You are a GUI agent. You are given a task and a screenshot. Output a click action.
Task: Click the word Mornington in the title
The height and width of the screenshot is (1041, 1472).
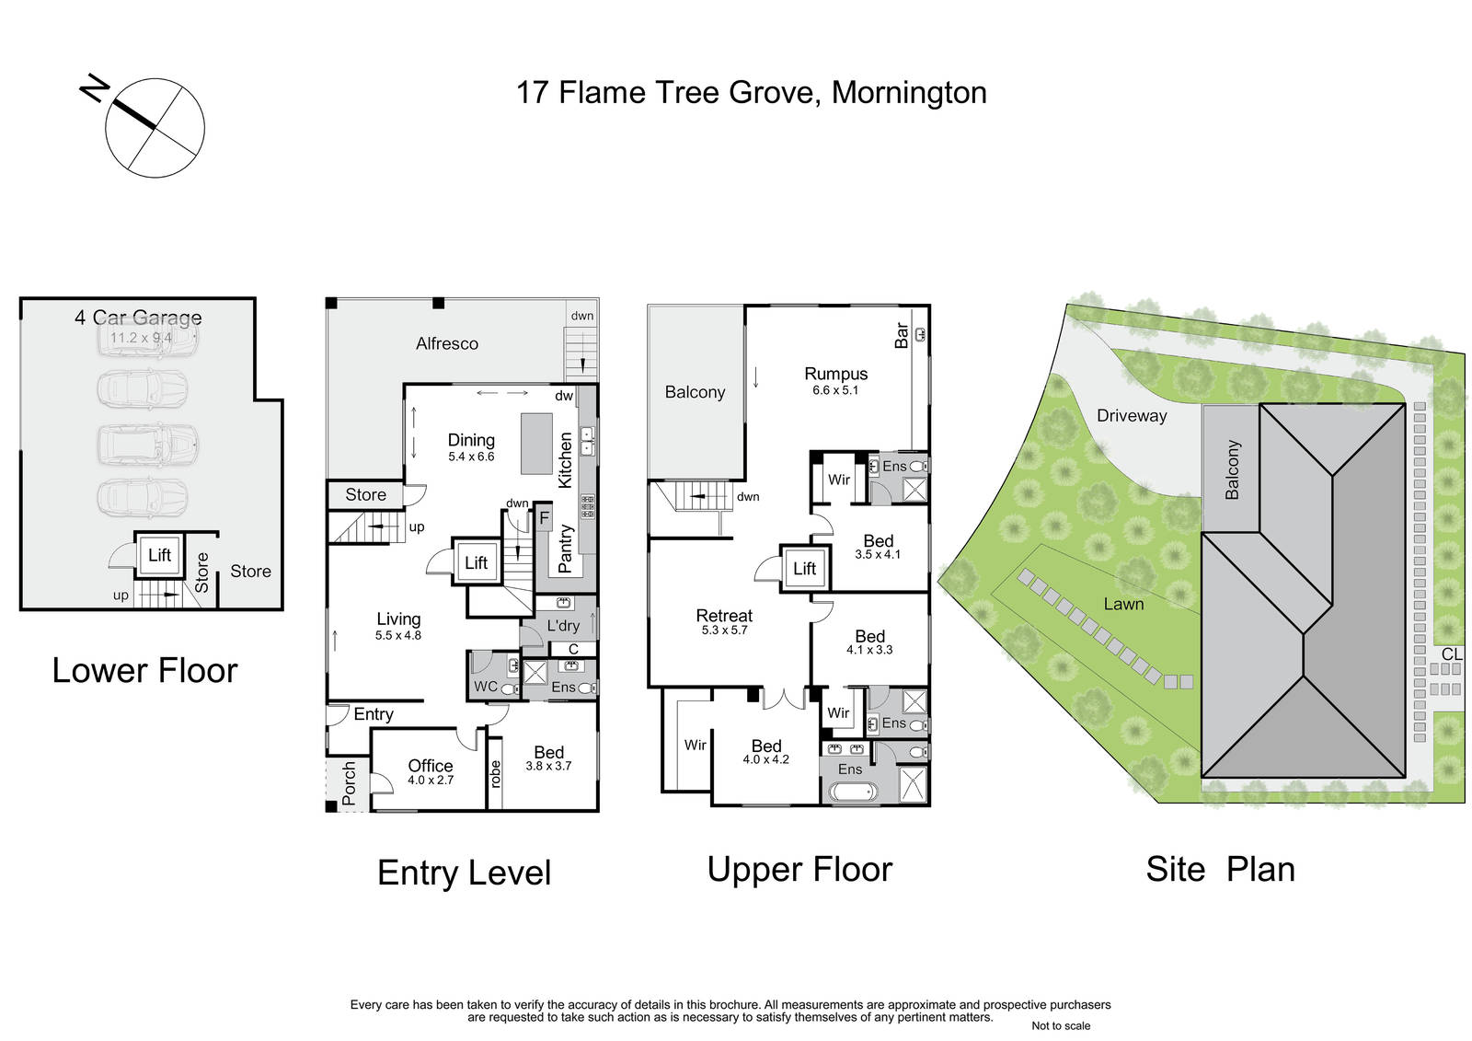(x=909, y=93)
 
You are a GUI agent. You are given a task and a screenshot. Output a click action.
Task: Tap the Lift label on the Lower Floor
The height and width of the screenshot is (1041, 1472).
(x=160, y=555)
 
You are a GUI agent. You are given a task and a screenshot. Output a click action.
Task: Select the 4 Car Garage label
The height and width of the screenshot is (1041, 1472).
(x=138, y=318)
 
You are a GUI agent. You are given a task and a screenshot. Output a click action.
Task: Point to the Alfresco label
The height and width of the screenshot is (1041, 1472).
(x=447, y=343)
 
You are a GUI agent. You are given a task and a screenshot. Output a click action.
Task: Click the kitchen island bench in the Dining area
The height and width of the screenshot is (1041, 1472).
(x=537, y=444)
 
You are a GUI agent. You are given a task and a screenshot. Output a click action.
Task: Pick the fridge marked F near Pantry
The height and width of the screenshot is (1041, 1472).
(x=544, y=518)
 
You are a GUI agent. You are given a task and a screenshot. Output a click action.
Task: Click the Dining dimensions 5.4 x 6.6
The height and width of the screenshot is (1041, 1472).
(x=471, y=457)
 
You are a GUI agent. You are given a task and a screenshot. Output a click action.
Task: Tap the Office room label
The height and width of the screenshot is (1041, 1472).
(x=431, y=766)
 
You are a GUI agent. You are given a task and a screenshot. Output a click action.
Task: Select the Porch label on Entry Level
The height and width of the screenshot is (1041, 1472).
(x=349, y=783)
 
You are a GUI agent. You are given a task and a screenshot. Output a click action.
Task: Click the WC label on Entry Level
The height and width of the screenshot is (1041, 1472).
(x=486, y=687)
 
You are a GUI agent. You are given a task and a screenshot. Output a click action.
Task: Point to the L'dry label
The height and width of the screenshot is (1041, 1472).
(x=563, y=625)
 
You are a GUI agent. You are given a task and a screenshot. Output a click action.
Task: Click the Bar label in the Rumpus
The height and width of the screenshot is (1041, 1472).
(x=902, y=335)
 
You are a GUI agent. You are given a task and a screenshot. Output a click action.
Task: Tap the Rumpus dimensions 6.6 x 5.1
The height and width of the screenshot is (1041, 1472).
(x=835, y=390)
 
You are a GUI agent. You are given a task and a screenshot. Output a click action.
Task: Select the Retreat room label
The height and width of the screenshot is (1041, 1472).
(x=724, y=616)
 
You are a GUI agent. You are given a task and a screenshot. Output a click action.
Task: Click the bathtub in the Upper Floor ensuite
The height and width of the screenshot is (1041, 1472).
(x=853, y=792)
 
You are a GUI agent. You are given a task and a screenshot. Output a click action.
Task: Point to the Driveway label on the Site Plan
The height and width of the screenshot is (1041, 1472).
(x=1132, y=416)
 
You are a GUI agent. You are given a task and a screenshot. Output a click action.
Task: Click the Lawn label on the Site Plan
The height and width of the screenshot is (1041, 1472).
(x=1123, y=604)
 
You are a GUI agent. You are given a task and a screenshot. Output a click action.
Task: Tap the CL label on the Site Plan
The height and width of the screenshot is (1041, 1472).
(x=1452, y=654)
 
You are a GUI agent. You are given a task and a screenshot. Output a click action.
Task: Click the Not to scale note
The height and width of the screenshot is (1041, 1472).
(x=1061, y=1025)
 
